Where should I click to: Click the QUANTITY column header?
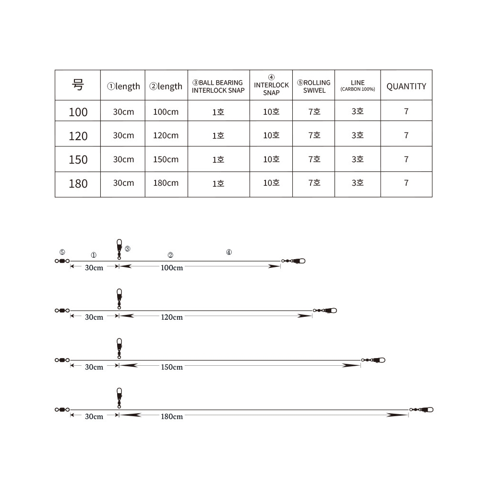point(406,86)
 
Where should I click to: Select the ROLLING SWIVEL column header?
point(314,86)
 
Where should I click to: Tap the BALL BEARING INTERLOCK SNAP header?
point(218,86)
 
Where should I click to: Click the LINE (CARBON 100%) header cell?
point(358,85)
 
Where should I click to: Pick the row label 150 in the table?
point(78,159)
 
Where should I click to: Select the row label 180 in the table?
point(78,184)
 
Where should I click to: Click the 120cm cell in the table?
point(166,135)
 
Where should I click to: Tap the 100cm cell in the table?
point(166,112)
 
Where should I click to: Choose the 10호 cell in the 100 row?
point(271,112)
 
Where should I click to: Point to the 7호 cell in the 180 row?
point(314,183)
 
